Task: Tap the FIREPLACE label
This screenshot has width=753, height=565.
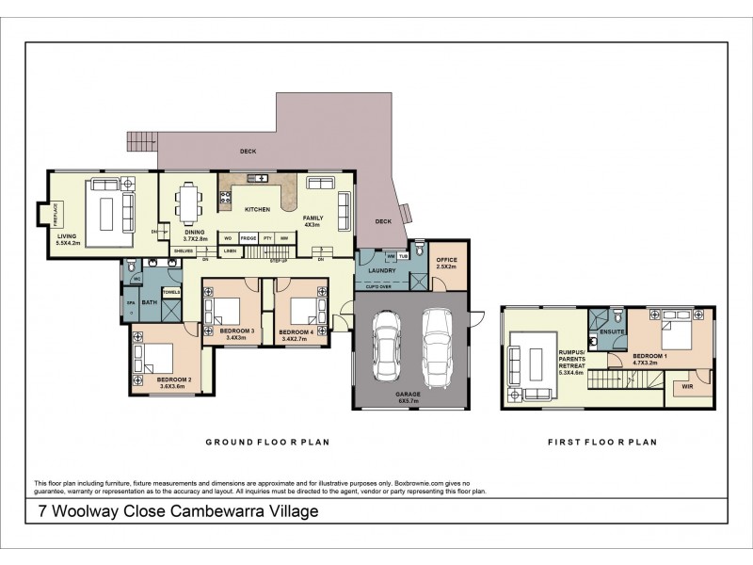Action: point(56,212)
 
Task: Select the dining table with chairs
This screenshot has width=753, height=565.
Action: point(189,201)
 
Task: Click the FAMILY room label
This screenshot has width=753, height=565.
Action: point(312,221)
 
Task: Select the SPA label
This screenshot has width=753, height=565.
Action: point(131,304)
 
